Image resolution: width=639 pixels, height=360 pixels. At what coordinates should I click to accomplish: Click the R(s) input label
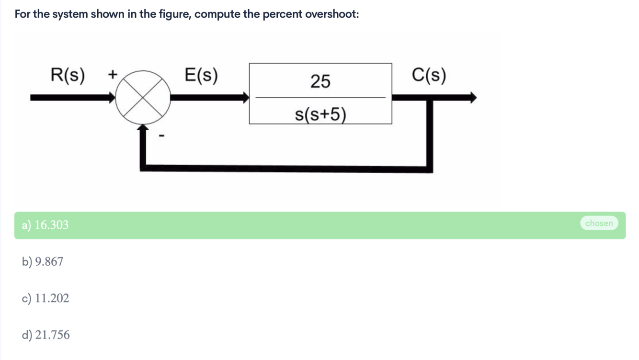(x=68, y=75)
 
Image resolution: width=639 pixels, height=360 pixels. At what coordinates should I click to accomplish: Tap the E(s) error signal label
(x=201, y=75)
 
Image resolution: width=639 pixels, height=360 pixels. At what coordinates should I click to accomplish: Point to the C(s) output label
(x=429, y=75)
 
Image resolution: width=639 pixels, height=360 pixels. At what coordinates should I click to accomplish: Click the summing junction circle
(x=142, y=98)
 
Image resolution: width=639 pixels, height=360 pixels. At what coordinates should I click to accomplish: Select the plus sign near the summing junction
(x=113, y=75)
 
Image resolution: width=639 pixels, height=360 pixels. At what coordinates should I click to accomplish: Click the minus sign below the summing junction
(x=161, y=137)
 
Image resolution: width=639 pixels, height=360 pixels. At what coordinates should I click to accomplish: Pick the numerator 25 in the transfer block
(x=320, y=81)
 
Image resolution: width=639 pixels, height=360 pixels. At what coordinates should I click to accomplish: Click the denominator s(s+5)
(x=320, y=115)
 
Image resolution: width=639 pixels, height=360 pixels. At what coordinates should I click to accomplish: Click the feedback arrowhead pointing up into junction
(x=143, y=128)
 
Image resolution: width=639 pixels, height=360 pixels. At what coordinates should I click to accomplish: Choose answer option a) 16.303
(x=46, y=225)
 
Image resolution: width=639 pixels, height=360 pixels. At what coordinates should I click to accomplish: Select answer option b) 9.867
(x=43, y=262)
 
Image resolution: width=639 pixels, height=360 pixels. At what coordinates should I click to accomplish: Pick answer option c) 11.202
(x=46, y=298)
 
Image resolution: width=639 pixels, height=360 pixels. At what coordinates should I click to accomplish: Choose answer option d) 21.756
(x=46, y=335)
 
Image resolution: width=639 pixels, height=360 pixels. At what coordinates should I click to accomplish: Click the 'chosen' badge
(x=599, y=223)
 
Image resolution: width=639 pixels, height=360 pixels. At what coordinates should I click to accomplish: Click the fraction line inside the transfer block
(x=320, y=98)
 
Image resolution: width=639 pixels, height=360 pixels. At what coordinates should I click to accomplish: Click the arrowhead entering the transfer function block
(x=246, y=98)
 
